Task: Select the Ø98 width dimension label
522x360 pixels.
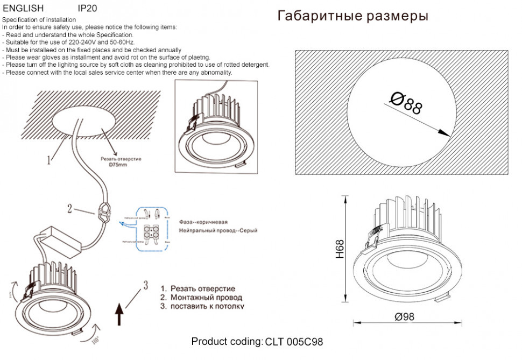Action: click(404, 317)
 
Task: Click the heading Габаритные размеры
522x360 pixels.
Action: click(352, 16)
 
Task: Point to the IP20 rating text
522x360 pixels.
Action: click(87, 9)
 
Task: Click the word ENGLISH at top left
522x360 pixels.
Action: click(23, 9)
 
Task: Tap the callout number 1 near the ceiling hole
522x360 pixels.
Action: click(49, 159)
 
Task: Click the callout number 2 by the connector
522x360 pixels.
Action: click(69, 208)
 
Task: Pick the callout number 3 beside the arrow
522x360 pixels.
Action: click(145, 285)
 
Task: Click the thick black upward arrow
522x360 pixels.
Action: click(120, 313)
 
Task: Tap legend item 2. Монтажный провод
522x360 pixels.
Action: click(201, 297)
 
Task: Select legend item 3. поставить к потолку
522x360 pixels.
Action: click(202, 306)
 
